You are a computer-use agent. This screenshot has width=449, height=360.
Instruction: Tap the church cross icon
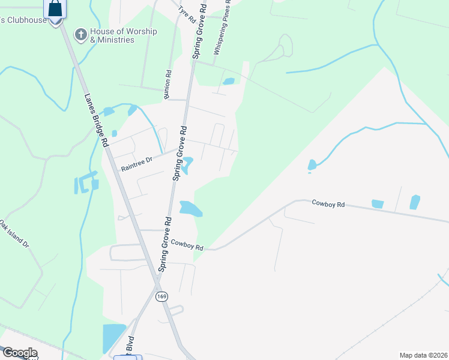click(80, 35)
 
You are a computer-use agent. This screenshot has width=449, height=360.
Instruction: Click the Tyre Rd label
click(188, 14)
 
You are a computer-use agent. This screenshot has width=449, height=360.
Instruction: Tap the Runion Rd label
click(168, 85)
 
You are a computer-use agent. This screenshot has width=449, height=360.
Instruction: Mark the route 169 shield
click(161, 297)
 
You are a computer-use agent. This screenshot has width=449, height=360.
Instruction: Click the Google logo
click(19, 353)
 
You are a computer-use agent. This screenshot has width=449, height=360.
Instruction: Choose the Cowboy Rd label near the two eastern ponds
click(328, 205)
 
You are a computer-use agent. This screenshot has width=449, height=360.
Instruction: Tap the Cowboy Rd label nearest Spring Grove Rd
click(187, 245)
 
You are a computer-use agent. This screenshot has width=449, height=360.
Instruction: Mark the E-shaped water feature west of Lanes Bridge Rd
click(86, 182)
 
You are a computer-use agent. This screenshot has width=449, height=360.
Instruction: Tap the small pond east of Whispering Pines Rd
click(229, 82)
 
